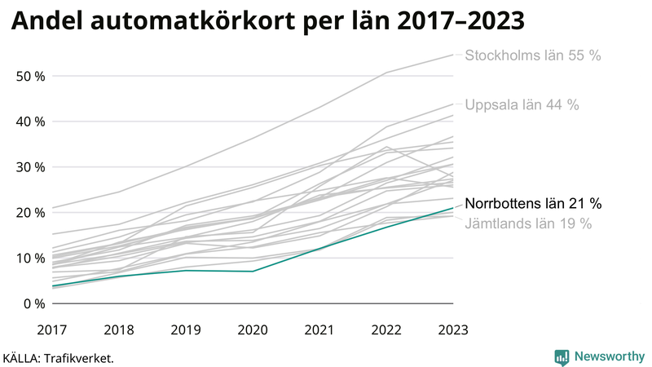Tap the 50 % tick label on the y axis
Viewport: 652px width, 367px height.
pos(29,76)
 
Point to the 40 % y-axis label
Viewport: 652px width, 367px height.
pos(29,122)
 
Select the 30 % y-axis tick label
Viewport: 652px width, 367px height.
pos(29,167)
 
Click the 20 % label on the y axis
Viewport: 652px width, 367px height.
pos(29,212)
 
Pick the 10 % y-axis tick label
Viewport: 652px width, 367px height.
pos(29,258)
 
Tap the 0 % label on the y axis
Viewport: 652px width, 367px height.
pos(33,303)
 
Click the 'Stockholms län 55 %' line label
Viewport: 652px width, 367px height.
pos(532,55)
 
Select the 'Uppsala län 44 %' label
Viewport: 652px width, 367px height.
pos(522,104)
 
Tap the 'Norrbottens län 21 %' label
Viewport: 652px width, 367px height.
pos(533,203)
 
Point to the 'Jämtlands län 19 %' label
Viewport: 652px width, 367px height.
pos(528,223)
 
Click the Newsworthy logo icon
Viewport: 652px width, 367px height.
pos(562,356)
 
